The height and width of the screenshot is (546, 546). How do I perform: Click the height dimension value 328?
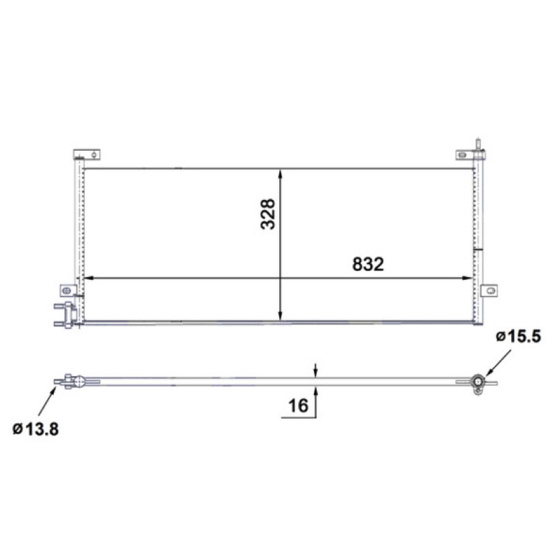coord(268,214)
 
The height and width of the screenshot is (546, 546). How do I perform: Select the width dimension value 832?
coord(368,264)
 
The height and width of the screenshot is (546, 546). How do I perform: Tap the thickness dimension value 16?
coord(298,405)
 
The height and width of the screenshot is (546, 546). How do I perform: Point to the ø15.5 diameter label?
coord(519,336)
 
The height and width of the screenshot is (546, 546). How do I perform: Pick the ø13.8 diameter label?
coord(35,429)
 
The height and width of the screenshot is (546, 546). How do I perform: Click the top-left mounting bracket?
coord(87,155)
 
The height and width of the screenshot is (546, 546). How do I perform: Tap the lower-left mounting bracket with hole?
coord(68,291)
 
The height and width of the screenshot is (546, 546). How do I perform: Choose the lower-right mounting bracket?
coord(489,291)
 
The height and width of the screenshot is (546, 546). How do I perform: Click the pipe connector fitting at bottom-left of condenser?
coord(66,315)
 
